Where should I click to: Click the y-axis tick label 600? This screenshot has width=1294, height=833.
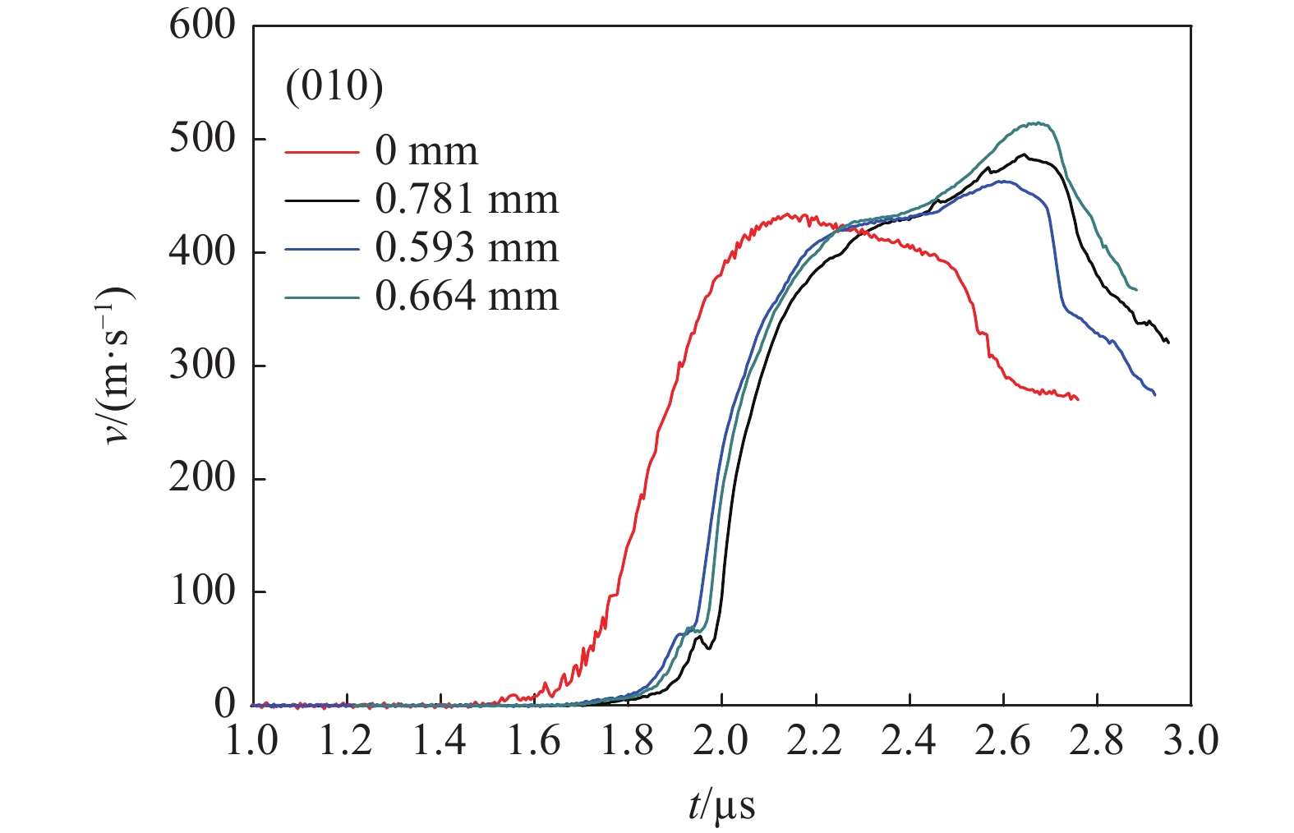tap(201, 25)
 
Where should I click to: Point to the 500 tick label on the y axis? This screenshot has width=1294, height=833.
tap(201, 139)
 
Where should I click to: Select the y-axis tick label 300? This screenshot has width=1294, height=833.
tap(201, 365)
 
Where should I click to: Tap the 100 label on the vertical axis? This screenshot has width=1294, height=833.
tap(201, 591)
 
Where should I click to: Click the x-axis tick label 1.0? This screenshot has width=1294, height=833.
tap(252, 742)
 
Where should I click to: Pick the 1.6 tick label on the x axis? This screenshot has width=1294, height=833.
tap(534, 742)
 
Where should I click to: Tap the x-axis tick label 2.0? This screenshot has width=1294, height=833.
tap(721, 742)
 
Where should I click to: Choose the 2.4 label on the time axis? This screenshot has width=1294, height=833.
tap(909, 742)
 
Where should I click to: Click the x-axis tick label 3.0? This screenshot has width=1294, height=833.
tap(1190, 742)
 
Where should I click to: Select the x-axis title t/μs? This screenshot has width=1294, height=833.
tap(721, 806)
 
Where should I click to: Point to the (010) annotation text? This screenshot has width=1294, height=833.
tap(334, 85)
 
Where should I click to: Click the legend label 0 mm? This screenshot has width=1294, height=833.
tap(426, 151)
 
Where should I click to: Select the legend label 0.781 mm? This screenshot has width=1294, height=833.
tap(467, 200)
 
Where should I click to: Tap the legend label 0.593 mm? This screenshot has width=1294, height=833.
tap(467, 248)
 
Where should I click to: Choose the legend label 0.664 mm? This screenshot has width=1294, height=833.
tap(467, 297)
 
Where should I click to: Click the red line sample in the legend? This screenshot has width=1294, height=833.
tap(322, 152)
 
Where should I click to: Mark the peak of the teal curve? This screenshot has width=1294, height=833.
tap(1039, 123)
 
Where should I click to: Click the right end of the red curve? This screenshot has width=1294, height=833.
tap(1078, 399)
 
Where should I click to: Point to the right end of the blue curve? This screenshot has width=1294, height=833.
tap(1155, 395)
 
